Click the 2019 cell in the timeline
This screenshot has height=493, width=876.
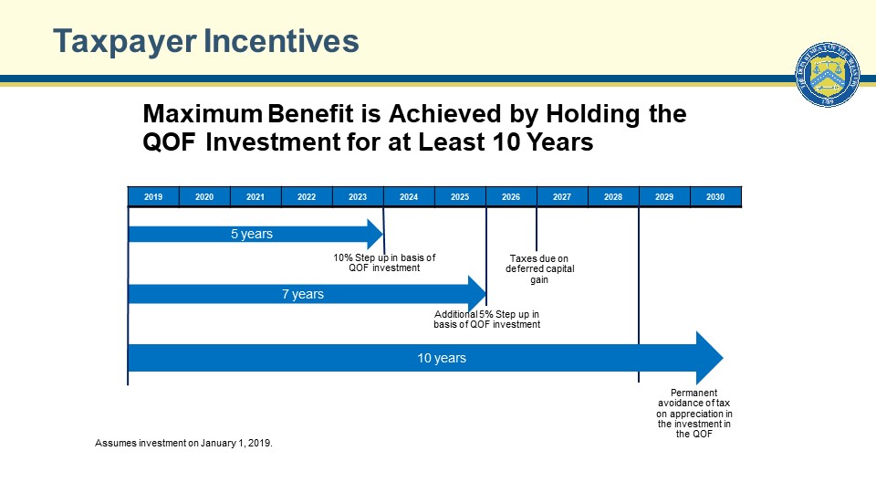coord(153,197)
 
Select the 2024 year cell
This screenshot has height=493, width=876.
coord(409,197)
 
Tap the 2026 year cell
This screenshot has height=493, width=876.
coord(511,197)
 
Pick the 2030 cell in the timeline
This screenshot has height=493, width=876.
coord(715,197)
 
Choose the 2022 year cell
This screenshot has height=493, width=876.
coord(307,197)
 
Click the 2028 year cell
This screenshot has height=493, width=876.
coord(613,197)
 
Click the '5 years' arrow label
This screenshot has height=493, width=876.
coord(252,235)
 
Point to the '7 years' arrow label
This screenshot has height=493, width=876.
coord(303,294)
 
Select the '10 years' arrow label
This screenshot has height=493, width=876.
coord(442,358)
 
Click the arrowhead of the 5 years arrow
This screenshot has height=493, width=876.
coord(374,235)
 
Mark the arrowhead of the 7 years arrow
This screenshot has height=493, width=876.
coord(476,294)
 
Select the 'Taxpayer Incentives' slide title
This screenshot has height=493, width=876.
coord(205,41)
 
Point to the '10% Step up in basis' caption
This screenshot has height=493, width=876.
coord(384,263)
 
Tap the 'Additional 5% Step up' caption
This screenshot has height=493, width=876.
coord(487,319)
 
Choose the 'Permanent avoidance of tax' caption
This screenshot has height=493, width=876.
coord(693,414)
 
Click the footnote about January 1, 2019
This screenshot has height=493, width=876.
coord(184,443)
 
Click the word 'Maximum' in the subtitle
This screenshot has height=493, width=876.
coord(202,115)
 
